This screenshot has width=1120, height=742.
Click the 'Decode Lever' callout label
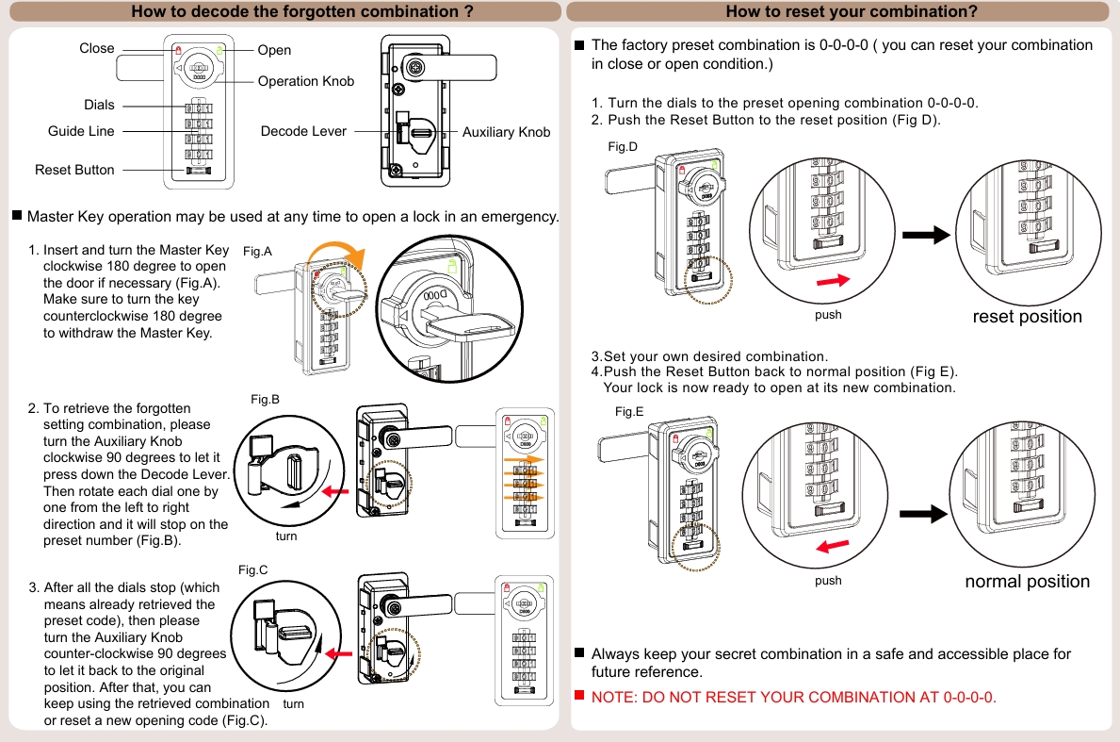click(x=303, y=131)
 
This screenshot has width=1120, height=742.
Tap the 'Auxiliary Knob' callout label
click(x=506, y=132)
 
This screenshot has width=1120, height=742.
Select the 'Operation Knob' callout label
click(x=306, y=81)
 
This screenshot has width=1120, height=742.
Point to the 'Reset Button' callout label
click(x=74, y=170)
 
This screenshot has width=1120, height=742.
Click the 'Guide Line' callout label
click(x=81, y=131)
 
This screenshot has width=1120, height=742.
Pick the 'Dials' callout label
click(x=99, y=105)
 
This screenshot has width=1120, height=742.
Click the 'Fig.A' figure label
click(x=257, y=252)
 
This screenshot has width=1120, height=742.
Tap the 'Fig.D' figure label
click(x=623, y=146)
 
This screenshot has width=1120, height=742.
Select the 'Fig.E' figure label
click(x=629, y=412)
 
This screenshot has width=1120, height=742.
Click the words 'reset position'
click(x=1027, y=316)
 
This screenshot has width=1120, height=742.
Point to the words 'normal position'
click(x=1027, y=581)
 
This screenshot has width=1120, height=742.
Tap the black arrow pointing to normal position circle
click(x=923, y=514)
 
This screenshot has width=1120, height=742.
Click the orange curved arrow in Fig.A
click(x=341, y=253)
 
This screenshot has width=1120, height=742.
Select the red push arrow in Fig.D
click(x=833, y=281)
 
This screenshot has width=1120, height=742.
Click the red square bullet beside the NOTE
click(x=580, y=696)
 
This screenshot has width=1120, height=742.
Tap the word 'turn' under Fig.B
click(x=286, y=536)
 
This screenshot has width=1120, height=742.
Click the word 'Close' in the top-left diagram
click(x=97, y=48)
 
